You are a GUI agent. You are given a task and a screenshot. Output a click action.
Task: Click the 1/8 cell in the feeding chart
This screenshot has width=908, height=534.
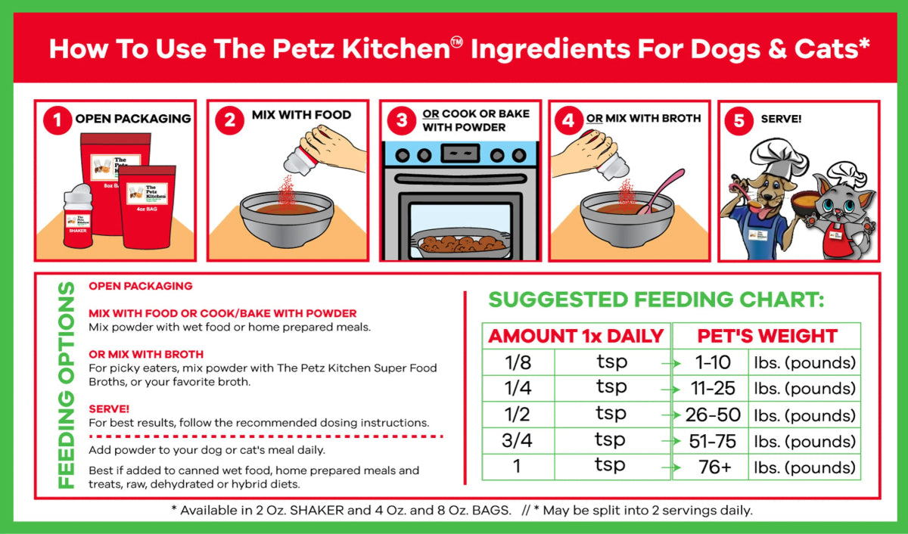point(518,362)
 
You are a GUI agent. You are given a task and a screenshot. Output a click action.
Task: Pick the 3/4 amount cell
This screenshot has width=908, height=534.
point(518,441)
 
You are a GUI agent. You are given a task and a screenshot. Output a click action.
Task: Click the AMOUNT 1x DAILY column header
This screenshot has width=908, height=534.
point(576,337)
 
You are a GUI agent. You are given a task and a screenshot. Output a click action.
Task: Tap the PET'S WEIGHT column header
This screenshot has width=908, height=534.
point(767,337)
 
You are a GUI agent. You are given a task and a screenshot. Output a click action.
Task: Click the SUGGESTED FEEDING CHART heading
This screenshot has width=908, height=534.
point(656,300)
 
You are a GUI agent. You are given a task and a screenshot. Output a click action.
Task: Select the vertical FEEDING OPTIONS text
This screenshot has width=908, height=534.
point(67,385)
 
